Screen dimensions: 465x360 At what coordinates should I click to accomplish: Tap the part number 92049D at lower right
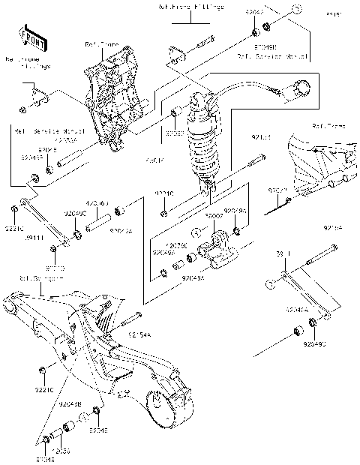coord(316,344)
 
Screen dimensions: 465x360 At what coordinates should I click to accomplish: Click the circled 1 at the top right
coord(297,10)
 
